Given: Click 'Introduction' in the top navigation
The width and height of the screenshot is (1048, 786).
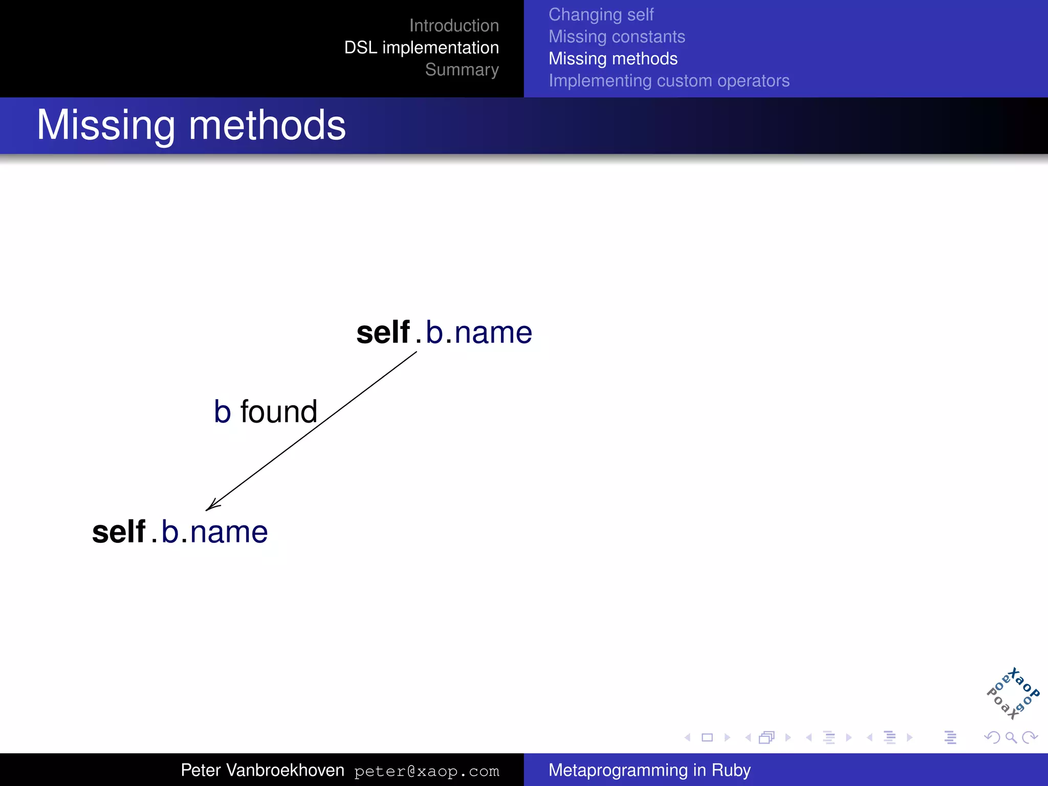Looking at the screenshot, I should click(454, 26).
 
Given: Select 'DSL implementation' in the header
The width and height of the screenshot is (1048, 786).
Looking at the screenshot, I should click(421, 48).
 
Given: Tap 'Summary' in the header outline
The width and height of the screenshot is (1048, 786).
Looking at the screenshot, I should click(462, 70).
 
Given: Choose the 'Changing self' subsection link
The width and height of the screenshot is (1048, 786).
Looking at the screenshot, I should click(601, 15).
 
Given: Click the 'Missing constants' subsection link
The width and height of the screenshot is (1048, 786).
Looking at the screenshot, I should click(617, 37).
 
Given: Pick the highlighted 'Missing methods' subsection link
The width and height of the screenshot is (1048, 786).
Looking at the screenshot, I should click(613, 59).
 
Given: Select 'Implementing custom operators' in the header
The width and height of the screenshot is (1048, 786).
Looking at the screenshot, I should click(669, 81).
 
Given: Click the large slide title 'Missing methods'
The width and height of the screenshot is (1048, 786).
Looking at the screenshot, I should click(191, 125).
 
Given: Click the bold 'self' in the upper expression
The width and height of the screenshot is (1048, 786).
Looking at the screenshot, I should click(383, 333).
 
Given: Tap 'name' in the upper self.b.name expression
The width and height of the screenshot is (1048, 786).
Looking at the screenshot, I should click(493, 333).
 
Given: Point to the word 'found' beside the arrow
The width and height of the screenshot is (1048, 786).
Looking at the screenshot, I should click(279, 412).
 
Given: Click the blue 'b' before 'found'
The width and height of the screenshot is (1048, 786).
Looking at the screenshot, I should click(222, 412).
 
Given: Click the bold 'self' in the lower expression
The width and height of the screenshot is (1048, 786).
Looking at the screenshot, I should click(119, 532).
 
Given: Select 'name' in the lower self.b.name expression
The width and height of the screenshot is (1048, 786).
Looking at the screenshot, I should click(229, 533).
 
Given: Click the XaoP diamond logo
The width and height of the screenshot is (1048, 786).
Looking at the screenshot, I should click(1012, 694).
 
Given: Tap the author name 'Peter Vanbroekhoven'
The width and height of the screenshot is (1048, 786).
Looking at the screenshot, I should click(263, 770).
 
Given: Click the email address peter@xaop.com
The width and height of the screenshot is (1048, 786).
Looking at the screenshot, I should click(426, 771).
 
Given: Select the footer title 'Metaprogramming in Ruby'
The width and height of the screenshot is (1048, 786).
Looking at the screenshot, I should click(649, 770).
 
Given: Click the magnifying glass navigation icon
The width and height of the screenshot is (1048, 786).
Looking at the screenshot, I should click(1011, 737).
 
